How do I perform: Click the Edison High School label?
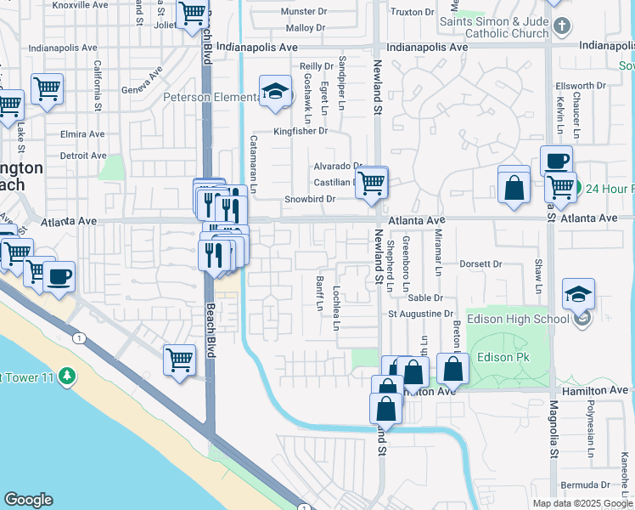(518, 319)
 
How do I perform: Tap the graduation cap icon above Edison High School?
(578, 294)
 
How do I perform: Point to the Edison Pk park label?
(505, 357)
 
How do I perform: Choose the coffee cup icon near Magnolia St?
(556, 160)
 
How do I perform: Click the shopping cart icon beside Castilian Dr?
(371, 182)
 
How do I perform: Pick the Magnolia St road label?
(554, 429)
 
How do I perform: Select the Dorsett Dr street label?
(480, 264)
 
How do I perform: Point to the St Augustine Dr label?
(421, 314)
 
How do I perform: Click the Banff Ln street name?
(320, 293)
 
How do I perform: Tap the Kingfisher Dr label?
(300, 131)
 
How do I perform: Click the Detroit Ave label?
(82, 156)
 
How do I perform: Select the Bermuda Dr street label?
(592, 484)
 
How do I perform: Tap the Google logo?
(28, 500)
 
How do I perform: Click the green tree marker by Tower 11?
(66, 375)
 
